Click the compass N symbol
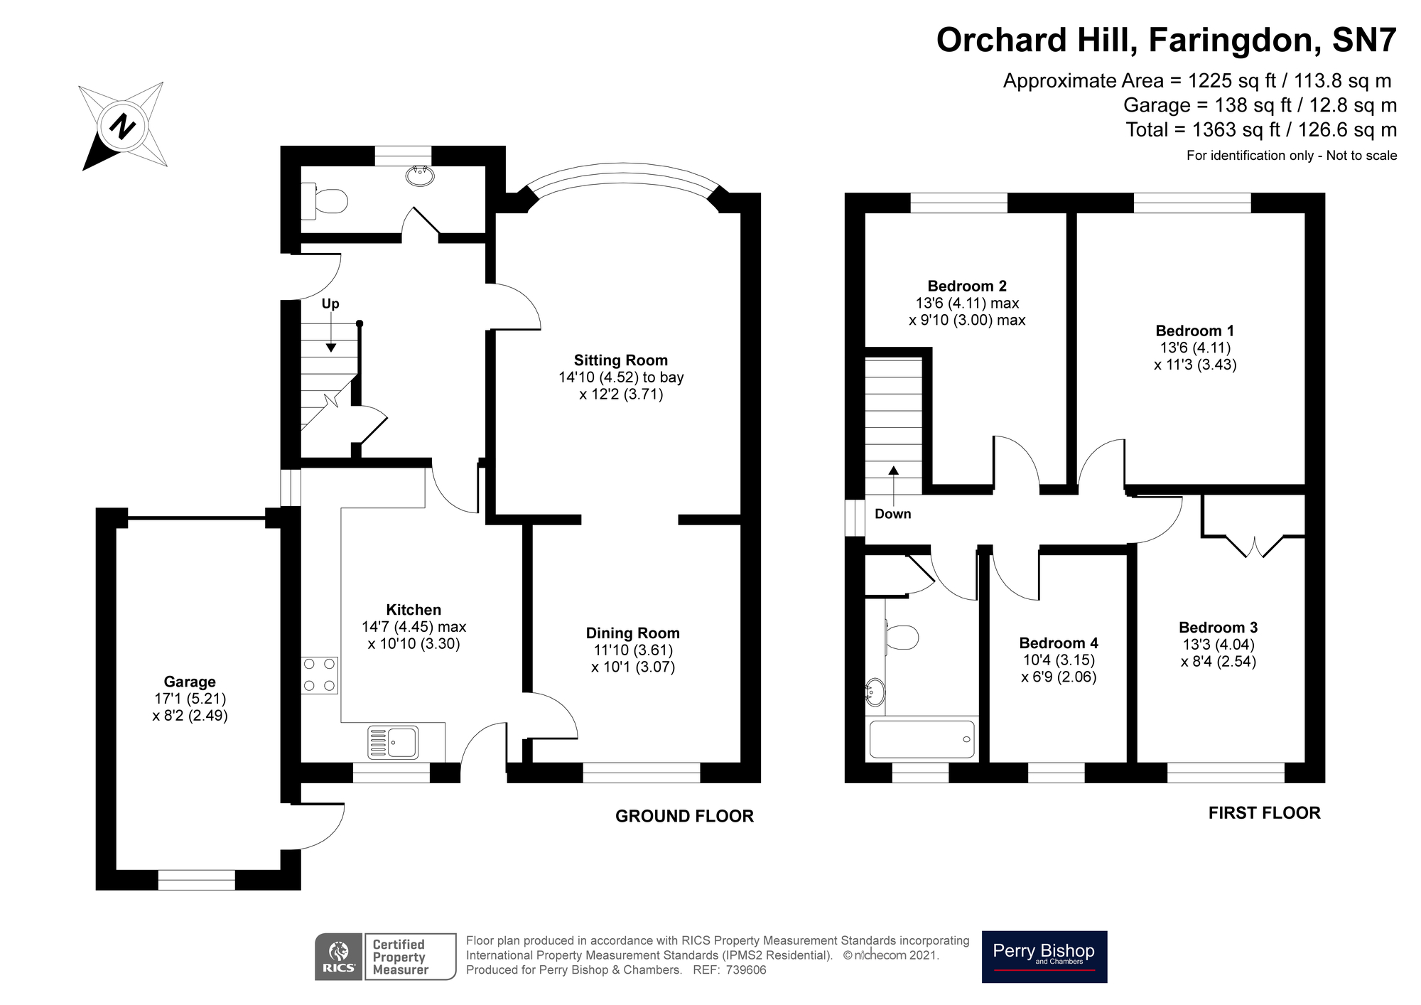[124, 127]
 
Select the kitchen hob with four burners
[320, 675]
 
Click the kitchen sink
[393, 742]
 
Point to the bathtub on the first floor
[922, 739]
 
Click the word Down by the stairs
[892, 514]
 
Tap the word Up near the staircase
[330, 303]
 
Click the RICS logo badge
[339, 957]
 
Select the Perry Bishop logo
[1044, 957]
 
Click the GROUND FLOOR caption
[684, 816]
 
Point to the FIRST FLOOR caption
[1265, 813]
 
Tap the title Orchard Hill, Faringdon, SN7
[1167, 40]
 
